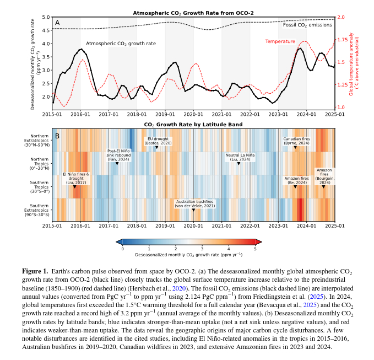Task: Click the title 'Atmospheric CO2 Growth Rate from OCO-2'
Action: coord(194,13)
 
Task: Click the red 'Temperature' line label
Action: coord(280,41)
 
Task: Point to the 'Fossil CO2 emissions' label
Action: coord(307,25)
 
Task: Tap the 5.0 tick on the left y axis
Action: coord(46,18)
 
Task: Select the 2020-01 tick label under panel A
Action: coord(193,114)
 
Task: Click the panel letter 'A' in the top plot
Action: coord(57,23)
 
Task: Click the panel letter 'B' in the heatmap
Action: coord(57,136)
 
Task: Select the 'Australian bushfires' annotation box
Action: coord(194,203)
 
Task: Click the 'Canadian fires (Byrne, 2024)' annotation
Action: coord(296,141)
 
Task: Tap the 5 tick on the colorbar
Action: coord(254,249)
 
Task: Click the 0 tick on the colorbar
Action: coord(122,249)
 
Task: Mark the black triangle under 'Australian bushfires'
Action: coord(193,210)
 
